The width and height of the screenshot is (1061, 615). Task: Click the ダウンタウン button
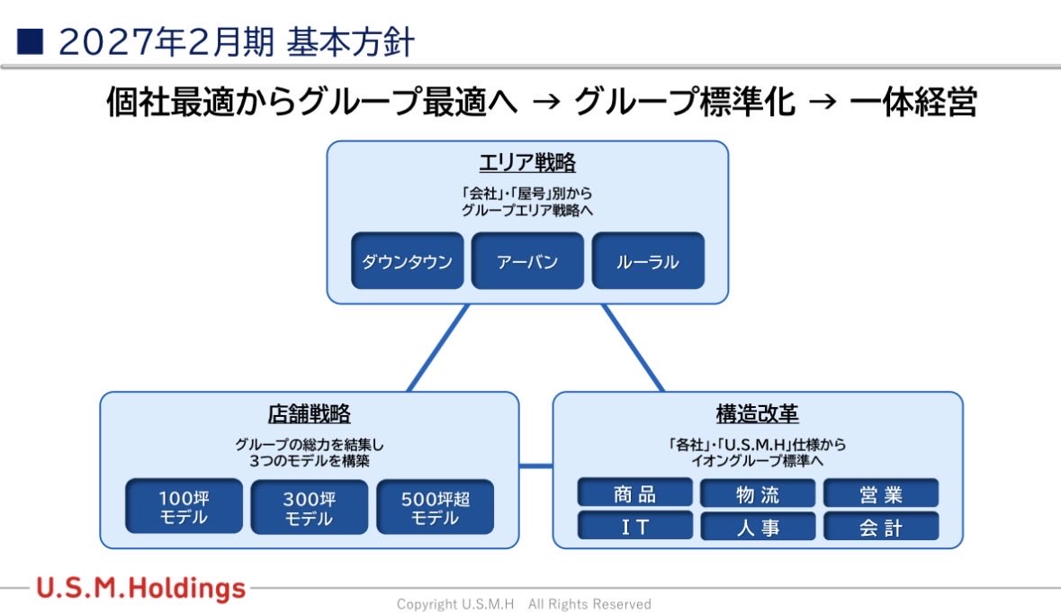coord(407,261)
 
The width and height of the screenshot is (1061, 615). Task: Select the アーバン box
coord(527,261)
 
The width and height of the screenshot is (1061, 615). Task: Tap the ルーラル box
coord(647,261)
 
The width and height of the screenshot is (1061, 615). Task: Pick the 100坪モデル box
coord(184,507)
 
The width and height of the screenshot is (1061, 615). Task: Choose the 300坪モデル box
coord(309,507)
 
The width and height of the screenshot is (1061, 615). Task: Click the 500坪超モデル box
coord(435,507)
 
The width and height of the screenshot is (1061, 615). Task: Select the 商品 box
coord(635,493)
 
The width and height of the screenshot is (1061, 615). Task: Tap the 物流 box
coord(758,493)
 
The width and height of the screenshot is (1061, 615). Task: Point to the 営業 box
coord(881,493)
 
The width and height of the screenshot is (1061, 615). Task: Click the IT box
coord(635,527)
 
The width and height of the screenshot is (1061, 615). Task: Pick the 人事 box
coord(758,527)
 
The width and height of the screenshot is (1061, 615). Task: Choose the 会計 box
coord(881,527)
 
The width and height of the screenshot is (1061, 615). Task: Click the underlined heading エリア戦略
coord(527,163)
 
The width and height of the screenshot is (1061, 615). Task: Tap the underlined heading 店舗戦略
coord(309,413)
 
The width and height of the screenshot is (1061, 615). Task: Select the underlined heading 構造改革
coord(758,413)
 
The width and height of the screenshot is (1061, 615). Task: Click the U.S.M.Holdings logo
coord(141,589)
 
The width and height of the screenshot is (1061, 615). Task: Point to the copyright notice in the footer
coord(524,603)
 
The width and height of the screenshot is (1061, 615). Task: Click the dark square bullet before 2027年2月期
coord(30,41)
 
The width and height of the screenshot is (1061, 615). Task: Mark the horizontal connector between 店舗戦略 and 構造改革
coord(535,466)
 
